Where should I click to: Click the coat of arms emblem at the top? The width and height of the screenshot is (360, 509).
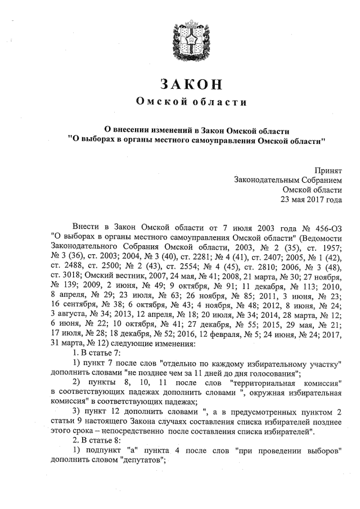tap(191, 41)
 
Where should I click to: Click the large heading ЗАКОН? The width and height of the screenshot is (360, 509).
tap(192, 84)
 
